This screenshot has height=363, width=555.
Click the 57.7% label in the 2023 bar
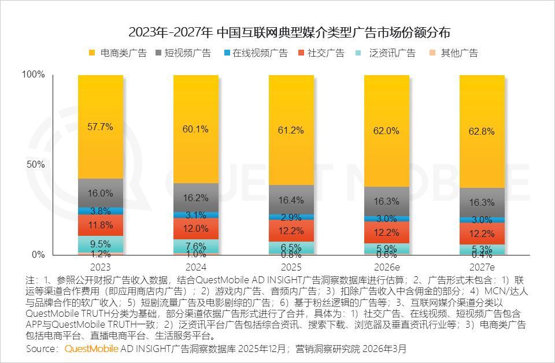101,127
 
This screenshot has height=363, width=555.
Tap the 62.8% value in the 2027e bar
481,131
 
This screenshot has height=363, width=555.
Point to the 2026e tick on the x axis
386,268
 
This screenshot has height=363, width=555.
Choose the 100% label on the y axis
32,75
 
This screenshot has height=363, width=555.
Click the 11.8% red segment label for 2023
101,225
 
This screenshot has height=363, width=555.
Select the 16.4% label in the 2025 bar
291,201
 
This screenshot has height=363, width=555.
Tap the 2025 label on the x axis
291,268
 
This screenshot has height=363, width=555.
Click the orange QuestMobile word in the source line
91,349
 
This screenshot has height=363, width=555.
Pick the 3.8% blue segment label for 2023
101,211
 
